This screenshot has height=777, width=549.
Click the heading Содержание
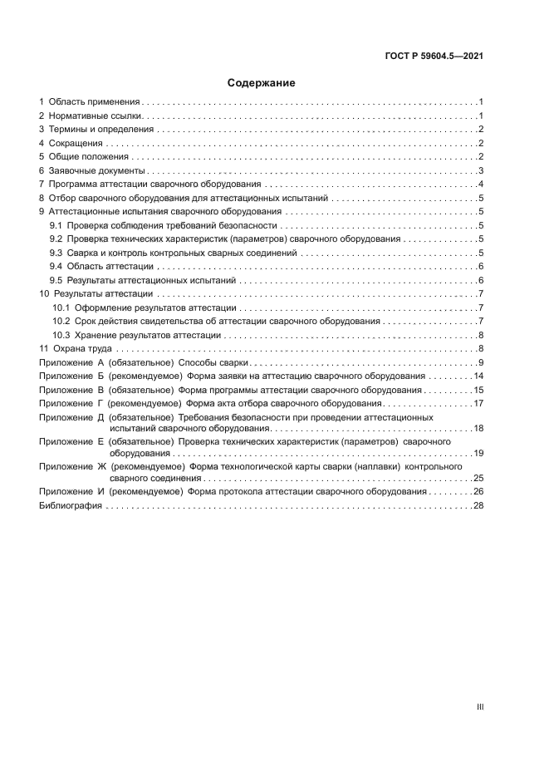point(262,83)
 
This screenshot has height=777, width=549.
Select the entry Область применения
point(93,101)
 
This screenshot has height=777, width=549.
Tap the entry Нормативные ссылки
point(96,115)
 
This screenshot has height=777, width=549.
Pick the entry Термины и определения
point(100,129)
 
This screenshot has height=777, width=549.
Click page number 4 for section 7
point(481,184)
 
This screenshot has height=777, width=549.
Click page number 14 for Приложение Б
point(478,376)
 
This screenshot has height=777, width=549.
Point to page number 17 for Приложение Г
point(478,403)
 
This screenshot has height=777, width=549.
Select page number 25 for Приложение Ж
point(478,479)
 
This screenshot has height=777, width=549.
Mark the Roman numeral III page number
point(480,706)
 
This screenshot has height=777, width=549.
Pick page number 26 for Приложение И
point(478,492)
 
